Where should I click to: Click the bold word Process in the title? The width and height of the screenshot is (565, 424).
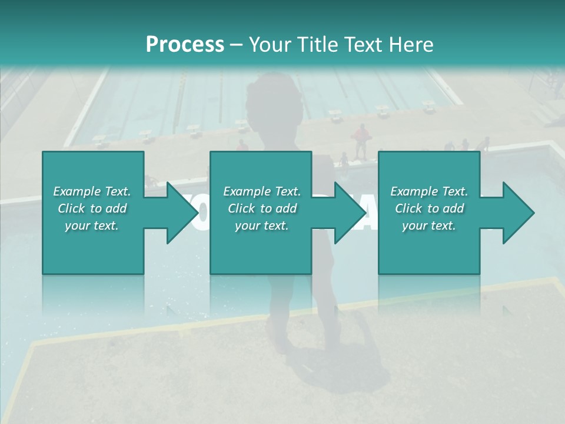coord(185,45)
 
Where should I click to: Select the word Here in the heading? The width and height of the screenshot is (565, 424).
coord(411,45)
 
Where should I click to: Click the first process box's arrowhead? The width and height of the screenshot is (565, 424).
coord(182,213)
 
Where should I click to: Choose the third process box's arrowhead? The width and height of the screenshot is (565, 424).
coord(519,213)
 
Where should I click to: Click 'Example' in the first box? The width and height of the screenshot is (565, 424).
coord(76,191)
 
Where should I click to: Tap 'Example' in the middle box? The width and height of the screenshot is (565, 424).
coord(246,191)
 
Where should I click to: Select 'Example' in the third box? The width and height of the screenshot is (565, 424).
coord(413,191)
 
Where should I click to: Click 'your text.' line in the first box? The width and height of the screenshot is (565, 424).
coord(92,226)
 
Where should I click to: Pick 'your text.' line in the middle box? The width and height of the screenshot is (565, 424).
coord(261,226)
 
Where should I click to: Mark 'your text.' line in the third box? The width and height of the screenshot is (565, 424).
coord(428,226)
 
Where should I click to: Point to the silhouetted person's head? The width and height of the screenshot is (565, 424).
coord(272,94)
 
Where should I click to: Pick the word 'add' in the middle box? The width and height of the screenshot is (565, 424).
coord(286,208)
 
